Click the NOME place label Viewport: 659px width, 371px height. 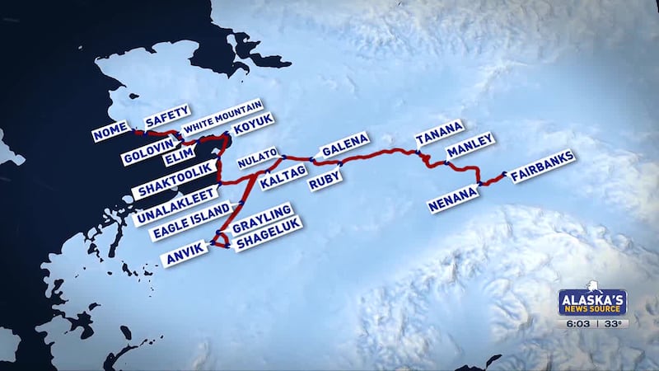(x=110, y=130)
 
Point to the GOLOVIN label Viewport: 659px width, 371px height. (x=145, y=153)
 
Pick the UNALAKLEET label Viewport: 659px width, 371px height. (x=175, y=205)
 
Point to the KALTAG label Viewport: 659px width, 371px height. (x=283, y=178)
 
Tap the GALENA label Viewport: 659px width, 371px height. (x=345, y=145)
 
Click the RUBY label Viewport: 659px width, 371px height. (x=325, y=181)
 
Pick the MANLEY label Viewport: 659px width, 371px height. (x=470, y=146)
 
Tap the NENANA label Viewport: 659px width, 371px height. (x=453, y=200)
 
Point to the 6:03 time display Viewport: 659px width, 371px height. (x=578, y=324)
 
